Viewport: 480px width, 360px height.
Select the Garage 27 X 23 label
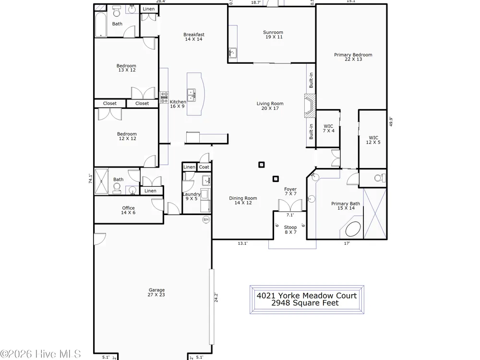point(156,292)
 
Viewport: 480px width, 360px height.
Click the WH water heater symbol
point(206,219)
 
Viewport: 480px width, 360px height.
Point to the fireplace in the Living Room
point(310,106)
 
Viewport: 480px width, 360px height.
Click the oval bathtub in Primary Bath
point(353,229)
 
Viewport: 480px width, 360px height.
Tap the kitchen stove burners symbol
point(164,97)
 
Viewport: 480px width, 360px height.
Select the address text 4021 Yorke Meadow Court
point(307,295)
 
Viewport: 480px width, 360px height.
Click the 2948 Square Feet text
point(305,303)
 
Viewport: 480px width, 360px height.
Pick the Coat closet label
point(204,167)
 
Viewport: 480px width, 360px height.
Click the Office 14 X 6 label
point(128,210)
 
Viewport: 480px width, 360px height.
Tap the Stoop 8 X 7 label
point(290,229)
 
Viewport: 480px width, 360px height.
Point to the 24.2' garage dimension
point(216,298)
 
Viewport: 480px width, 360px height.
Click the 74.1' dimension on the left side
point(91,179)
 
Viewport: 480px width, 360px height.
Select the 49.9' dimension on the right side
point(391,121)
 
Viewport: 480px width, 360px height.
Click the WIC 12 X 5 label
point(373,140)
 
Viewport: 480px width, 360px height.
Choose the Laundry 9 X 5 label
point(192,196)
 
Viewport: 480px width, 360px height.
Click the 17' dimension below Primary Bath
point(347,243)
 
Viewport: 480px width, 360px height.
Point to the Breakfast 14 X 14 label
point(194,37)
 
